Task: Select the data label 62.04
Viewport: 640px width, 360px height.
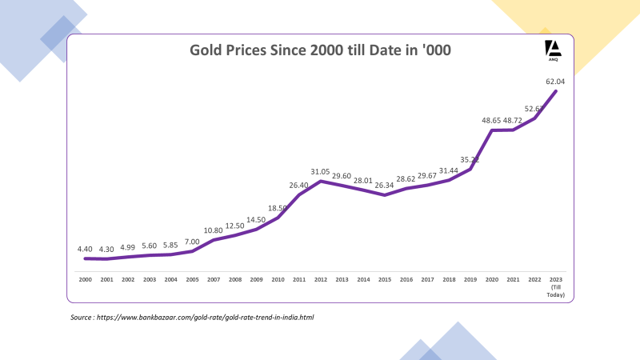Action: tap(555, 81)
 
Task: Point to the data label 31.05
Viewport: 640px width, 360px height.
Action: tap(320, 171)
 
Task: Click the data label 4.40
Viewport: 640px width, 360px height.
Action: tap(86, 249)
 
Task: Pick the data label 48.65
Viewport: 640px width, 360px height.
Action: tap(491, 121)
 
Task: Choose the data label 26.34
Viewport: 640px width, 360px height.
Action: tap(385, 186)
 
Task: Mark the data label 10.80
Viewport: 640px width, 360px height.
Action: tap(214, 230)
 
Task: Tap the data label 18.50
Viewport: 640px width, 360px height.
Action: tap(278, 208)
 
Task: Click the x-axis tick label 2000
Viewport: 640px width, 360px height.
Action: tap(85, 280)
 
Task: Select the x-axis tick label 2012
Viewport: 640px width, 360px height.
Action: tap(320, 280)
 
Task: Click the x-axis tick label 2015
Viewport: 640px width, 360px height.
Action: tap(385, 280)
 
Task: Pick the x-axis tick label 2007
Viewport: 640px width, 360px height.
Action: tap(214, 280)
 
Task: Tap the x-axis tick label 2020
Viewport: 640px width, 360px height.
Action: tap(491, 280)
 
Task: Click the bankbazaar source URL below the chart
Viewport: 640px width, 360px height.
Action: tap(205, 318)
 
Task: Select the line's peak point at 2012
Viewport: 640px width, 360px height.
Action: tap(320, 181)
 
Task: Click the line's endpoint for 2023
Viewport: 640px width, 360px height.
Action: tap(555, 90)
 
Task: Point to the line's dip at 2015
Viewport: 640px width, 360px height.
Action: tap(385, 195)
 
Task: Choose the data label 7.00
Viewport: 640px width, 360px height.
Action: tap(192, 242)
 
